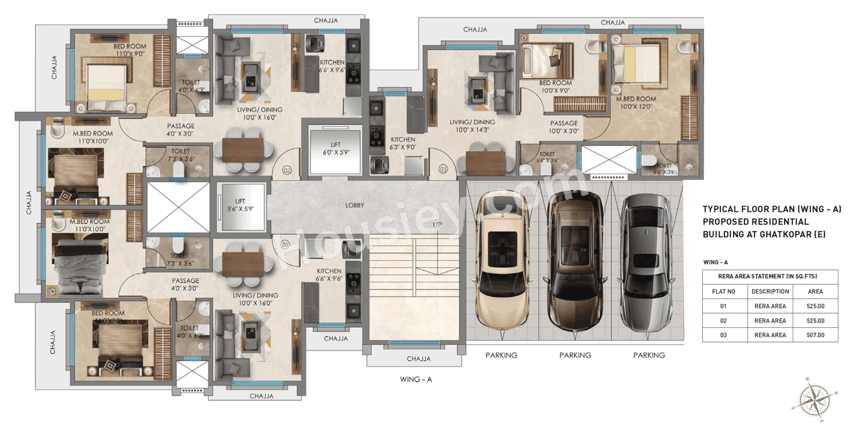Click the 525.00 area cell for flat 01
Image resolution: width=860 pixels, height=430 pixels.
pyautogui.click(x=815, y=306)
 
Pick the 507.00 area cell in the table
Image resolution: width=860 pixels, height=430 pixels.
pyautogui.click(x=815, y=335)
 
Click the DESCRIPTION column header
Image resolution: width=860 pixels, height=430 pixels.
pyautogui.click(x=770, y=292)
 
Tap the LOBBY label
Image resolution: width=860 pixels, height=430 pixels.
pyautogui.click(x=355, y=206)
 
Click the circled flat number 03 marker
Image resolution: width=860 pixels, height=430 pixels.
pyautogui.click(x=443, y=170)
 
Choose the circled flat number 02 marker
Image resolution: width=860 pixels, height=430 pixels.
pyautogui.click(x=287, y=170)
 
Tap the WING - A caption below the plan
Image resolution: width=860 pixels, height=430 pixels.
pyautogui.click(x=415, y=380)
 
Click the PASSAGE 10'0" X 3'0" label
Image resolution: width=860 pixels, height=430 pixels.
pyautogui.click(x=564, y=127)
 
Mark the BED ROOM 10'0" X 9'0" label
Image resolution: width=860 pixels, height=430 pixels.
pyautogui.click(x=555, y=87)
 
